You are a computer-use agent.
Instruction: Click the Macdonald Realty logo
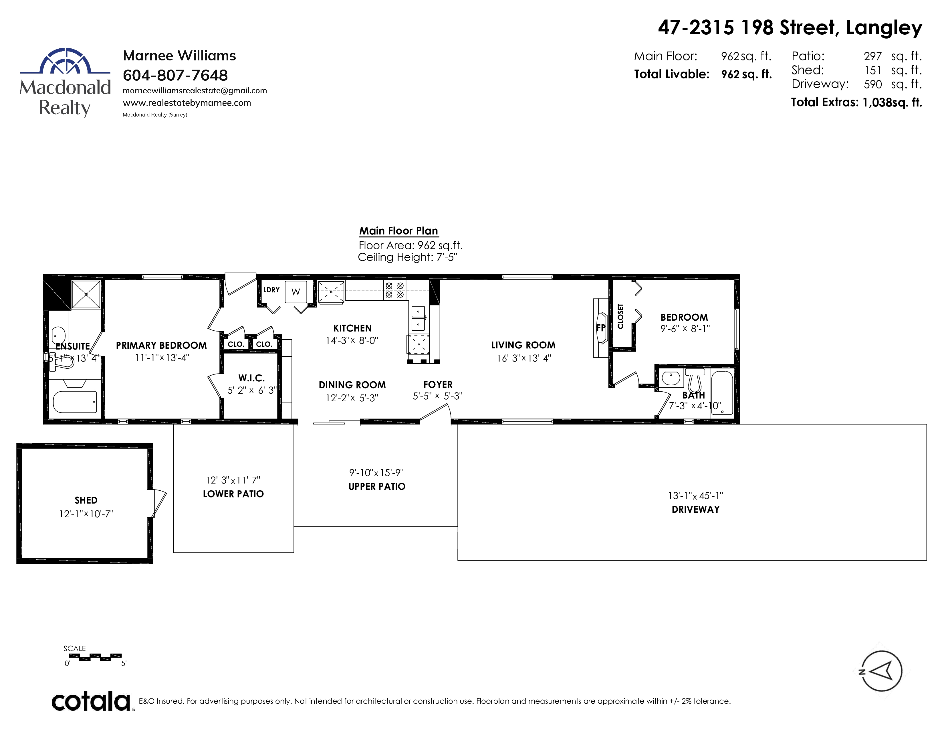65,82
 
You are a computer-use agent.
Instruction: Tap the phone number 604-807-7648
175,75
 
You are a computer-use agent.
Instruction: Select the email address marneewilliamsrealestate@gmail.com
195,91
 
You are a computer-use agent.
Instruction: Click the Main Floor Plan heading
398,231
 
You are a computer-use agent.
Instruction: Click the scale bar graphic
95,657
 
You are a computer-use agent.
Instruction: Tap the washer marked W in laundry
296,292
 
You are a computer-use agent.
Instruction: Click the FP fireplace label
601,328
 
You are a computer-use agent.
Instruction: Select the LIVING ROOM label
523,345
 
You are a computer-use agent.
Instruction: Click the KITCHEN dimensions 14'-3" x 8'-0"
352,340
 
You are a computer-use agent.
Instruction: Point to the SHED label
86,500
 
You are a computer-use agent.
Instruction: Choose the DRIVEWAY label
695,510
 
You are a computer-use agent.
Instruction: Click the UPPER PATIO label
377,486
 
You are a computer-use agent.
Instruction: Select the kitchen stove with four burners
395,290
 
